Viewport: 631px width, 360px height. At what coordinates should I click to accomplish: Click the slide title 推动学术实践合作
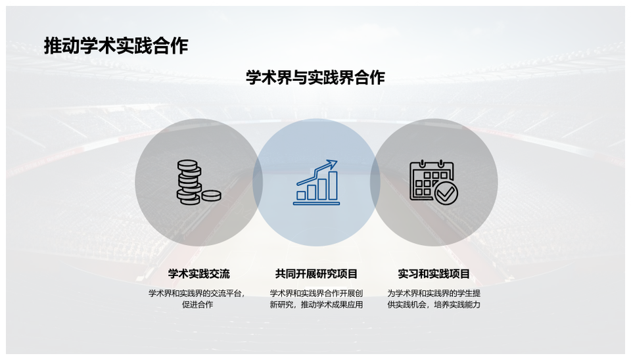[x=116, y=46]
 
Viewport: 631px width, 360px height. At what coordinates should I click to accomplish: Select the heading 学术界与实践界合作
[x=315, y=78]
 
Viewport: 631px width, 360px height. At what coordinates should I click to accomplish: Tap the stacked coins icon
[x=199, y=182]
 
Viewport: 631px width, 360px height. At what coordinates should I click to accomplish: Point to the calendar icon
[x=434, y=182]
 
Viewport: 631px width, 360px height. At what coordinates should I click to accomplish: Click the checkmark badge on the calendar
[x=446, y=194]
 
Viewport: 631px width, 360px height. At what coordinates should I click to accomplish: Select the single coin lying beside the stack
[x=211, y=196]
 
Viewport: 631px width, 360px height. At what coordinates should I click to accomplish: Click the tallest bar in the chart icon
[x=333, y=185]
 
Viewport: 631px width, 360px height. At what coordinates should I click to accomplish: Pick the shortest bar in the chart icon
[x=301, y=196]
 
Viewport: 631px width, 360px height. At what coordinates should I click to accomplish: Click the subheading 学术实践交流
[x=199, y=274]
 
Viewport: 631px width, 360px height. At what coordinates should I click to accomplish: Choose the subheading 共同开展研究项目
[x=316, y=274]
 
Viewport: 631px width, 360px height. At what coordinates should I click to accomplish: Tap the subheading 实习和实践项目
[x=434, y=274]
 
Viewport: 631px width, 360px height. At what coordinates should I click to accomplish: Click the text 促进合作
[x=198, y=305]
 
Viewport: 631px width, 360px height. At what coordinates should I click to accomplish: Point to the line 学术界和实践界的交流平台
[x=196, y=293]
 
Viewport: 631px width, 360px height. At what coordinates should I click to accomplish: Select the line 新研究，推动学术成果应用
[x=316, y=305]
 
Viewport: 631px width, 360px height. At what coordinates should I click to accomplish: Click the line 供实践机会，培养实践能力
[x=434, y=305]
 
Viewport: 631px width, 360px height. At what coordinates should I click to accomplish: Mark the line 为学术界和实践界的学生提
[x=434, y=293]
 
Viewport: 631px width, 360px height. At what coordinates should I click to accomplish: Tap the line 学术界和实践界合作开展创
[x=316, y=293]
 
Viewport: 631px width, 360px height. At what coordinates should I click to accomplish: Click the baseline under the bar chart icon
[x=316, y=204]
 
